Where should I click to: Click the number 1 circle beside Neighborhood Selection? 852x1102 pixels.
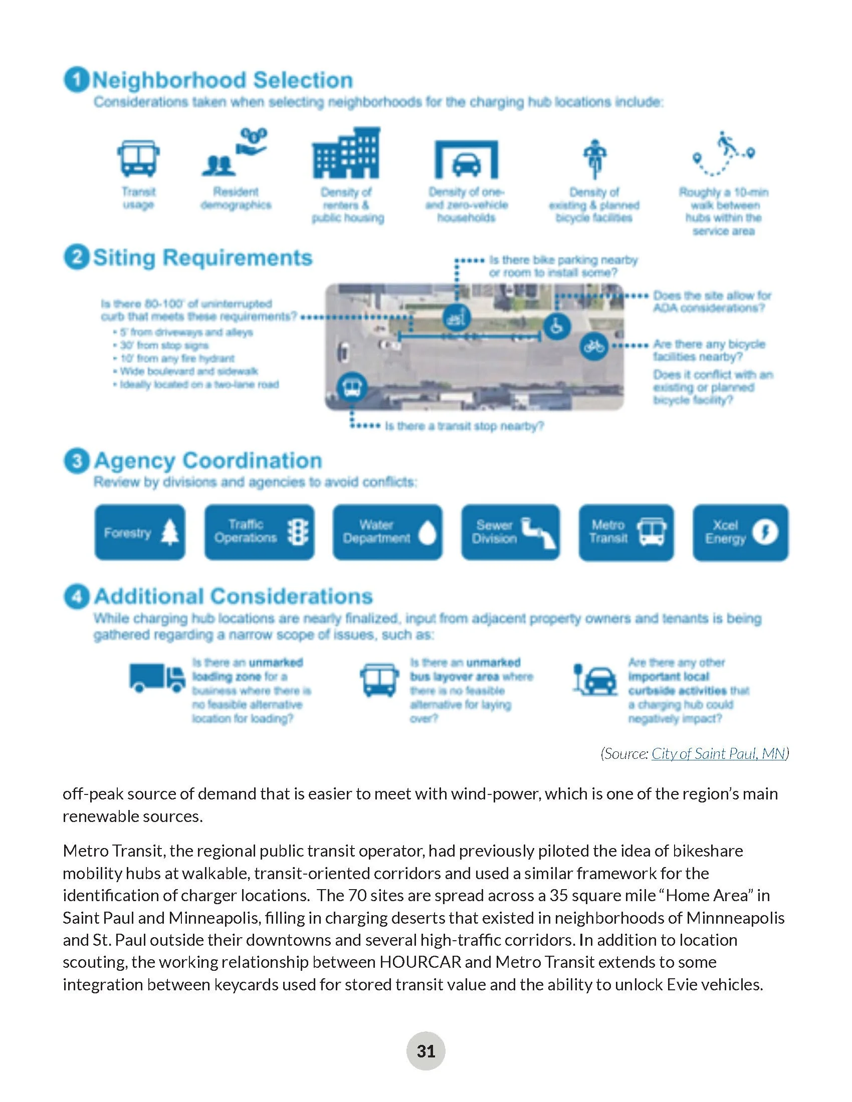[x=76, y=80]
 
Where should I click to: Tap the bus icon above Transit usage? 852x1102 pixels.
[x=138, y=158]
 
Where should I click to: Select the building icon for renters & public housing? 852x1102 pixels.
[x=346, y=153]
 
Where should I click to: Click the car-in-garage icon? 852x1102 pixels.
[x=467, y=160]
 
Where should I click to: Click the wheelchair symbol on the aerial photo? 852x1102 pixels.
[x=557, y=327]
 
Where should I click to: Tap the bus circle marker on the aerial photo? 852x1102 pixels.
[x=352, y=388]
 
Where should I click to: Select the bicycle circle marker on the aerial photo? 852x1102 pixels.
[x=593, y=347]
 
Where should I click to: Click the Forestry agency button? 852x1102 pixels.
[x=140, y=532]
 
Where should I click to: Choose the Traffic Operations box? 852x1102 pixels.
[x=259, y=532]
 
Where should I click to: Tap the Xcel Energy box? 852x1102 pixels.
[x=740, y=532]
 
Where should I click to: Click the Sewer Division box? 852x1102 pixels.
[x=510, y=532]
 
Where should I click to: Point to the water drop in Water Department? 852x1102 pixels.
[x=428, y=533]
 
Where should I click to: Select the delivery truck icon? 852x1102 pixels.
[x=157, y=678]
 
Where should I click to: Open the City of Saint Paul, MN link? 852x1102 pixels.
[x=719, y=754]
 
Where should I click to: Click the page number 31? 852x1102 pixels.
[x=425, y=1051]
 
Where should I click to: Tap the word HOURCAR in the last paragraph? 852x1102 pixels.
[x=420, y=962]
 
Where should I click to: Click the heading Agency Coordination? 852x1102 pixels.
[x=207, y=461]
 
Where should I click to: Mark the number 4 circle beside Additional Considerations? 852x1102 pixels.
[x=77, y=597]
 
